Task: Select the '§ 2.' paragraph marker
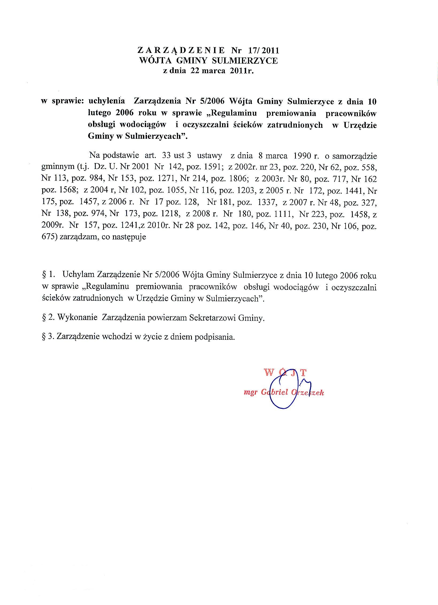49,318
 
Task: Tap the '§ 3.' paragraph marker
49,337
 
